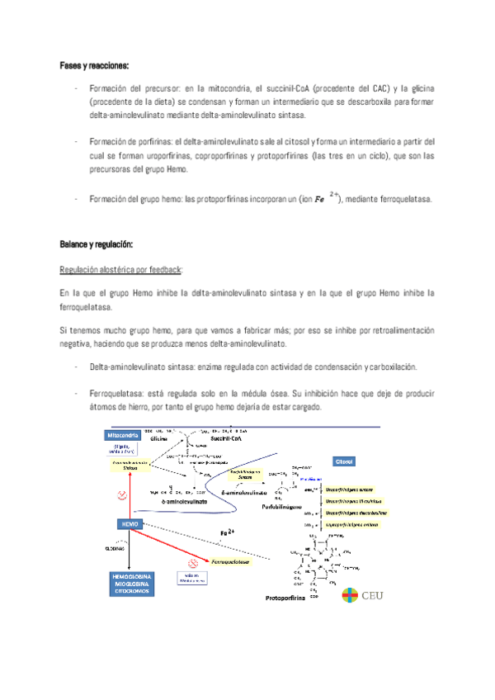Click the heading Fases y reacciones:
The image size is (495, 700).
click(94, 64)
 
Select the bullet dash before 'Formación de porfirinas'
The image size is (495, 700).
click(75, 141)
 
